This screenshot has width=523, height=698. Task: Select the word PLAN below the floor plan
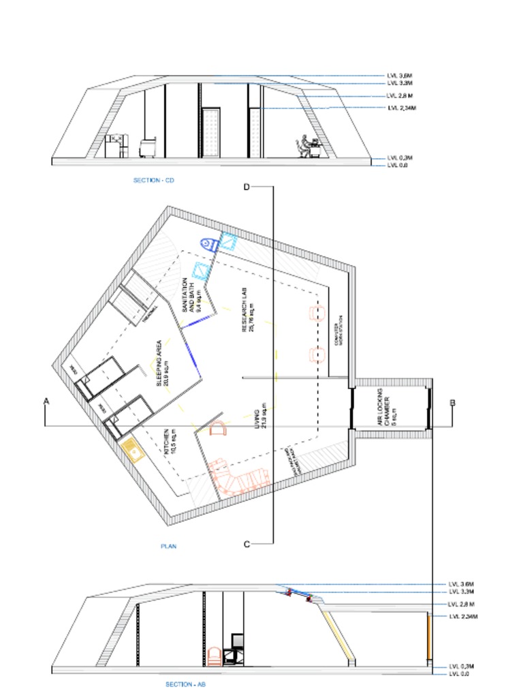pos(168,546)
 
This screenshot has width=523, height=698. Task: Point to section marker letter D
pos(247,187)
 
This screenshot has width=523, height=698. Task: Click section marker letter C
pos(247,543)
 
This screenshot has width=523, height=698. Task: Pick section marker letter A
pos(46,402)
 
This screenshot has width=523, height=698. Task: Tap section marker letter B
pos(452,402)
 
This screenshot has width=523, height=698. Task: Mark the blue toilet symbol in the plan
pos(208,243)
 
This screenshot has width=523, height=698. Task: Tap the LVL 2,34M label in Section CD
pos(401,108)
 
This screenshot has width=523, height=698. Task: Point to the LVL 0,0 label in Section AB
pos(461,674)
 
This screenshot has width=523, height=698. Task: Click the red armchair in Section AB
pos(213,656)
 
